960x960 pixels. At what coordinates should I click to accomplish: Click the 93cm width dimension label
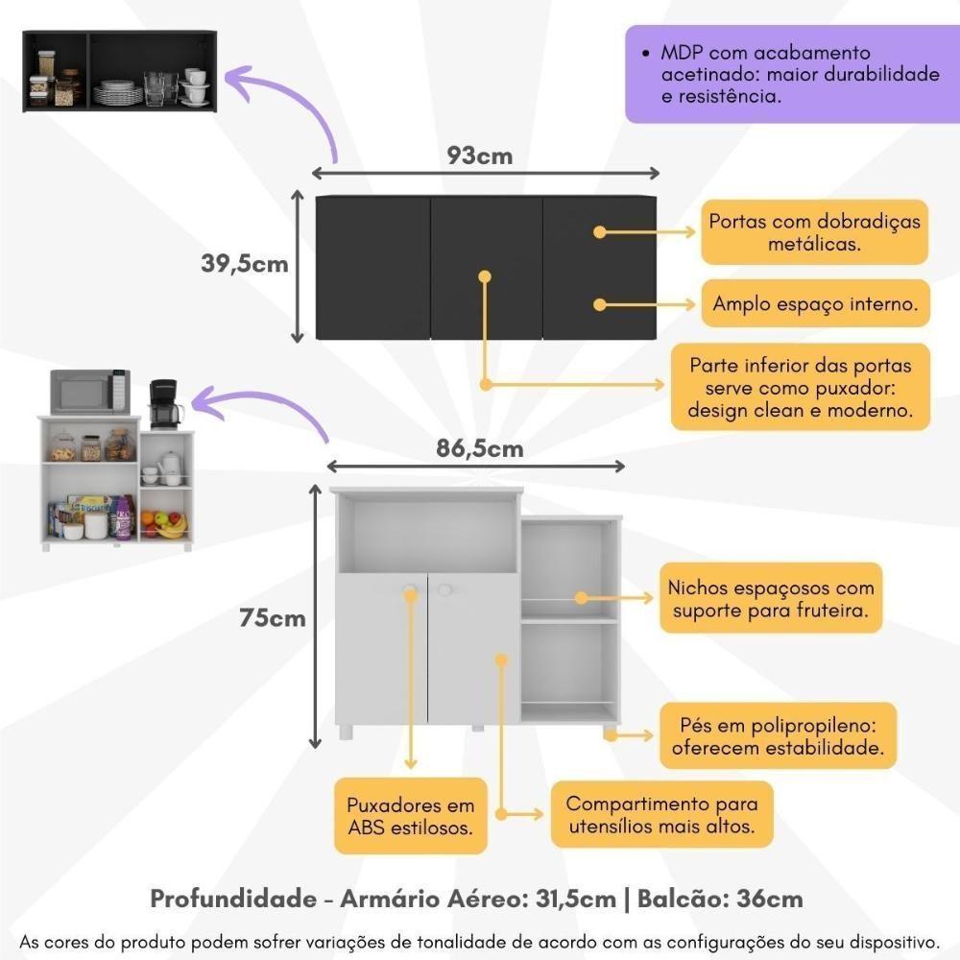click(x=480, y=156)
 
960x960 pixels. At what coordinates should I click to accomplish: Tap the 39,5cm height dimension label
click(x=245, y=264)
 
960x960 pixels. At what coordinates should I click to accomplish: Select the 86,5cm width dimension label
click(x=480, y=447)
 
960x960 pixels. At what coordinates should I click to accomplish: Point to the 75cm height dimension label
click(x=273, y=618)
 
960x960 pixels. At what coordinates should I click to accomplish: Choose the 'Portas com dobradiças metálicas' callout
click(x=814, y=232)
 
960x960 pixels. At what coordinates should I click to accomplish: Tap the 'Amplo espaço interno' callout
click(x=815, y=304)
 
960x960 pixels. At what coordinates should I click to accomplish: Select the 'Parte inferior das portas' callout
click(x=801, y=388)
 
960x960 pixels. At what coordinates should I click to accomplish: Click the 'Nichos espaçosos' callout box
click(x=771, y=598)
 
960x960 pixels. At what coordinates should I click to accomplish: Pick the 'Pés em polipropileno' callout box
click(x=778, y=735)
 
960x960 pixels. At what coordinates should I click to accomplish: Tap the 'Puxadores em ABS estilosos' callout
click(x=410, y=815)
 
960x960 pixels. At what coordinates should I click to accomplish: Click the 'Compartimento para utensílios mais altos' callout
click(x=661, y=814)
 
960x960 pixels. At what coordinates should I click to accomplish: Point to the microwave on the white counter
click(x=89, y=391)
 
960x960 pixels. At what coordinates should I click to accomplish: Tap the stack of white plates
click(x=117, y=92)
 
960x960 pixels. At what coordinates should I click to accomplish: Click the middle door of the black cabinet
click(x=486, y=268)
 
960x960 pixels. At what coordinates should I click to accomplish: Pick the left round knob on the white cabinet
click(x=411, y=589)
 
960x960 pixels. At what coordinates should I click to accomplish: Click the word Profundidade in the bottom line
click(x=233, y=900)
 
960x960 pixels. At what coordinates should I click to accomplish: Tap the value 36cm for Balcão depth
click(x=769, y=900)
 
